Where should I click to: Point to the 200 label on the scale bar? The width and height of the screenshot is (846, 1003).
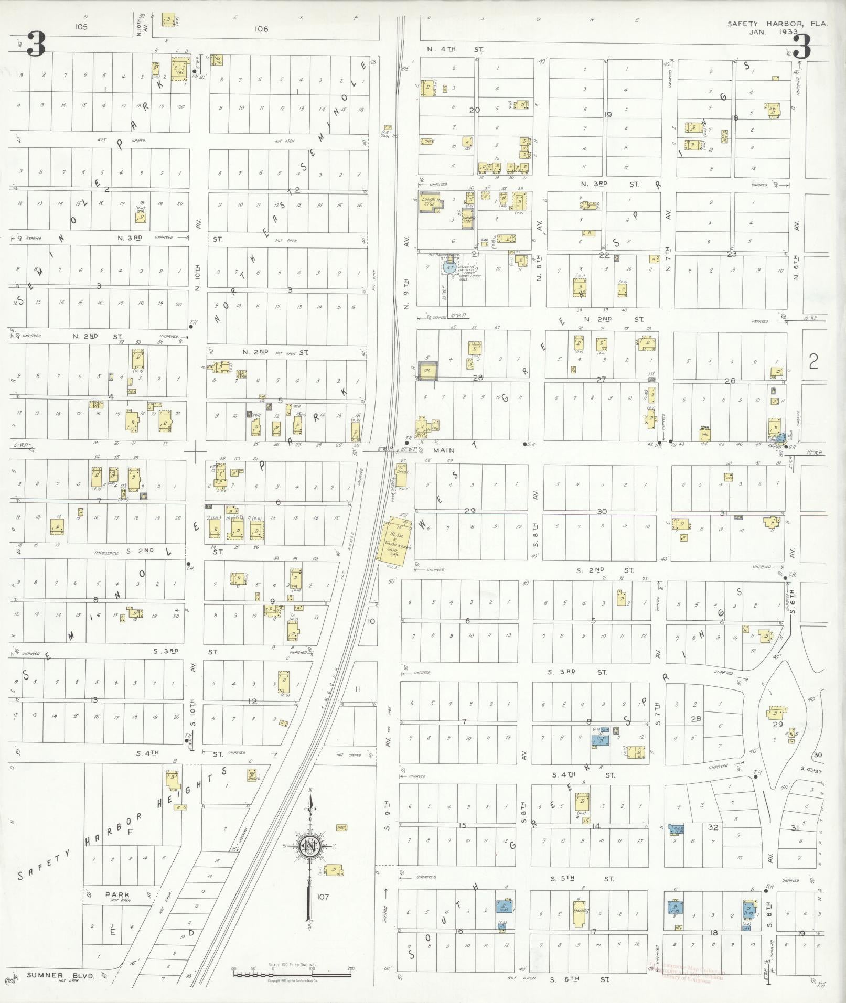point(351,969)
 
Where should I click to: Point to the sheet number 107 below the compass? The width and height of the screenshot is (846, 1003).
point(322,897)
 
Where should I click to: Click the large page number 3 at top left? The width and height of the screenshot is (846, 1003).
point(35,45)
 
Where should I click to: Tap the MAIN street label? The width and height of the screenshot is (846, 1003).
point(444,450)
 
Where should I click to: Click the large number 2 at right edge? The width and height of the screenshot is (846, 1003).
point(813,362)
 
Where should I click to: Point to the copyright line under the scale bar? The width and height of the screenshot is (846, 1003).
point(292,980)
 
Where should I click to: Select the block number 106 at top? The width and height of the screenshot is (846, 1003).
point(261,29)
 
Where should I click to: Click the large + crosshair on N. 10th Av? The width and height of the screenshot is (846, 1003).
point(195,452)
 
